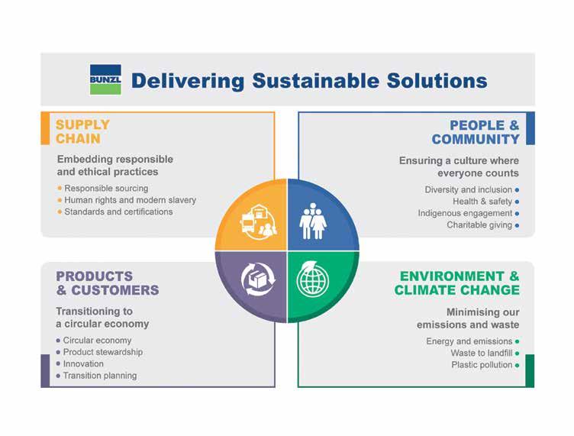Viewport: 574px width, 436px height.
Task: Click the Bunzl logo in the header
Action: pyautogui.click(x=105, y=79)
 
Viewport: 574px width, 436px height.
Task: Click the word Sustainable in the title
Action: pyautogui.click(x=315, y=80)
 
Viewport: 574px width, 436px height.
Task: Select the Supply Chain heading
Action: pyautogui.click(x=82, y=132)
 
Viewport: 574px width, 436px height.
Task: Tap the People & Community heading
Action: pyautogui.click(x=476, y=132)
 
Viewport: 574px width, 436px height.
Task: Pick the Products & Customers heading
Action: pyautogui.click(x=108, y=283)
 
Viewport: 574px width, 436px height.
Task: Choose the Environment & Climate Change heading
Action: pyautogui.click(x=457, y=283)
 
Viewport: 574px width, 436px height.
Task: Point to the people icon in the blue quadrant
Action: pyautogui.click(x=313, y=221)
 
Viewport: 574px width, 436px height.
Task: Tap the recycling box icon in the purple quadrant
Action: pyautogui.click(x=258, y=279)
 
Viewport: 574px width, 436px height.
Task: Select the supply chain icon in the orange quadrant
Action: pyautogui.click(x=259, y=222)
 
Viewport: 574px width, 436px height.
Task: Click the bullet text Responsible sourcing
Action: pyautogui.click(x=106, y=189)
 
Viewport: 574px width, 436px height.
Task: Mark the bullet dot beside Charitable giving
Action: pyautogui.click(x=517, y=225)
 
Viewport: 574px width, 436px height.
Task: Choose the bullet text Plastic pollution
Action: pyautogui.click(x=482, y=365)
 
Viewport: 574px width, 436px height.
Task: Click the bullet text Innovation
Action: pyautogui.click(x=83, y=364)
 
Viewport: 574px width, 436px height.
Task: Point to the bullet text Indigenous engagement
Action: pyautogui.click(x=465, y=214)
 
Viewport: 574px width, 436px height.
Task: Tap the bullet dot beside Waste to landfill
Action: pyautogui.click(x=517, y=354)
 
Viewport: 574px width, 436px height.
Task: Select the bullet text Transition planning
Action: pyautogui.click(x=100, y=376)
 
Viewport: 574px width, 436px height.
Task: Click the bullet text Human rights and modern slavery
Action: pyautogui.click(x=131, y=200)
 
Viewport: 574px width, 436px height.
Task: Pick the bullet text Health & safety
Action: pyautogui.click(x=482, y=202)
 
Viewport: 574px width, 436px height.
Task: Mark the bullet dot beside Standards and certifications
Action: pyautogui.click(x=60, y=212)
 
